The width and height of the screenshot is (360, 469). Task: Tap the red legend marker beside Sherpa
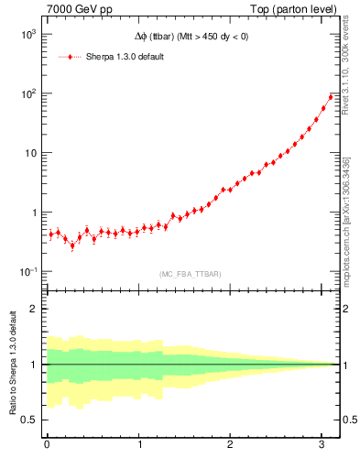coord(71,57)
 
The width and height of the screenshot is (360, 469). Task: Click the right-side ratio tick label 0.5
coord(348,420)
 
